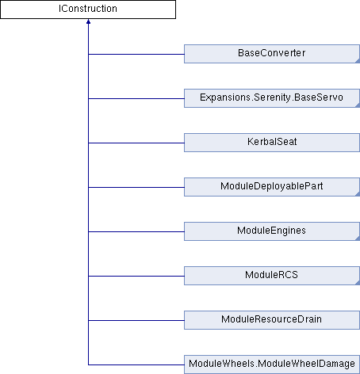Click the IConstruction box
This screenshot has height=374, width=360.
tap(88, 10)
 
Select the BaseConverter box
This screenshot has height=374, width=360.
tap(272, 54)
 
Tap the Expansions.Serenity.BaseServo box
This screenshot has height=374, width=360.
tap(272, 98)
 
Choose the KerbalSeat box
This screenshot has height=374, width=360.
tap(272, 143)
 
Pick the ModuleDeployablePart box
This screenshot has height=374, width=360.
tap(272, 187)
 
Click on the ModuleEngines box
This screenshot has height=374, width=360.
tap(272, 231)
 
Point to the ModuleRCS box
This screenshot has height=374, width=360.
tap(272, 276)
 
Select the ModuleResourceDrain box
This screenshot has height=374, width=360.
tap(272, 320)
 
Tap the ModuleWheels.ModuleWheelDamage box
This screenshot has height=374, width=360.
tap(272, 364)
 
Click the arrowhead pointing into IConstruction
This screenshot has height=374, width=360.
tap(88, 21)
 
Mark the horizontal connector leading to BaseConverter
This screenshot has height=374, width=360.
tap(136, 54)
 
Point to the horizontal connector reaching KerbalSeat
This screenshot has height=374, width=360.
tap(136, 143)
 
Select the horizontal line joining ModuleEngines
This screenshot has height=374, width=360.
tap(136, 231)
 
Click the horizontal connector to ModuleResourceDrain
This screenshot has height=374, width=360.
tap(136, 320)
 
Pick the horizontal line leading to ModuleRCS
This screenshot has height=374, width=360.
tap(136, 276)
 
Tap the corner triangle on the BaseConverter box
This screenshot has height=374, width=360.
tap(358, 61)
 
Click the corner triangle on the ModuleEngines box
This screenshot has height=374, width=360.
tap(358, 239)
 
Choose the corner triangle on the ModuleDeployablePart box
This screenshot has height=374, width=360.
tap(358, 194)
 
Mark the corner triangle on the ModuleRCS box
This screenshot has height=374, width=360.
tap(358, 283)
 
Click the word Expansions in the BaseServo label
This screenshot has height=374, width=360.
tap(224, 97)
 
